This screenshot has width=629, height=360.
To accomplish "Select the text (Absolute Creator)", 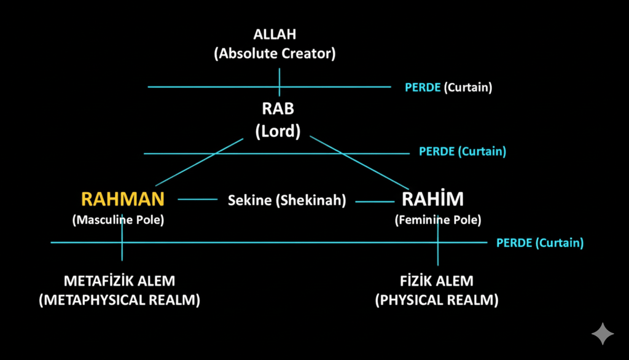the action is (x=275, y=53).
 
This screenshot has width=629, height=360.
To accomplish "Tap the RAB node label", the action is (x=278, y=109).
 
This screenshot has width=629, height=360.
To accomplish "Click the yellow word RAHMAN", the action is (x=123, y=199).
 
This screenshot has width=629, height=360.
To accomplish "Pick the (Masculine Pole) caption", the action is (x=118, y=219).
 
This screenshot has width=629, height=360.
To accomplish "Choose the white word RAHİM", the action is (x=432, y=199).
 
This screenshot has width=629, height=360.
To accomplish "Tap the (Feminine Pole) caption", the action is (x=438, y=219).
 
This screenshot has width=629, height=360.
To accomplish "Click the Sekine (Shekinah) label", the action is (x=287, y=200).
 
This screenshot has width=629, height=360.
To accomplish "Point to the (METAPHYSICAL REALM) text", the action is (x=120, y=301).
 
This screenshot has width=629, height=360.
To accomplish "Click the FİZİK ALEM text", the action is (x=437, y=281).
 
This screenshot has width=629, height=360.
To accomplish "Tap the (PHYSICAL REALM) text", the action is (x=437, y=301).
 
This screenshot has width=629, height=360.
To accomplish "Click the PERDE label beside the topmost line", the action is (x=423, y=87).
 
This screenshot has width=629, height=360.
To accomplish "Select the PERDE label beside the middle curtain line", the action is (x=437, y=151).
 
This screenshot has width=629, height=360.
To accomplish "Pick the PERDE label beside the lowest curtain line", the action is (x=514, y=243).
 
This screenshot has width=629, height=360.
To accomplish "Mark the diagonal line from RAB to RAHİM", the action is (x=359, y=162).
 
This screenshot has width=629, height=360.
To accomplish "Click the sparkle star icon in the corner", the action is (x=603, y=334).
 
